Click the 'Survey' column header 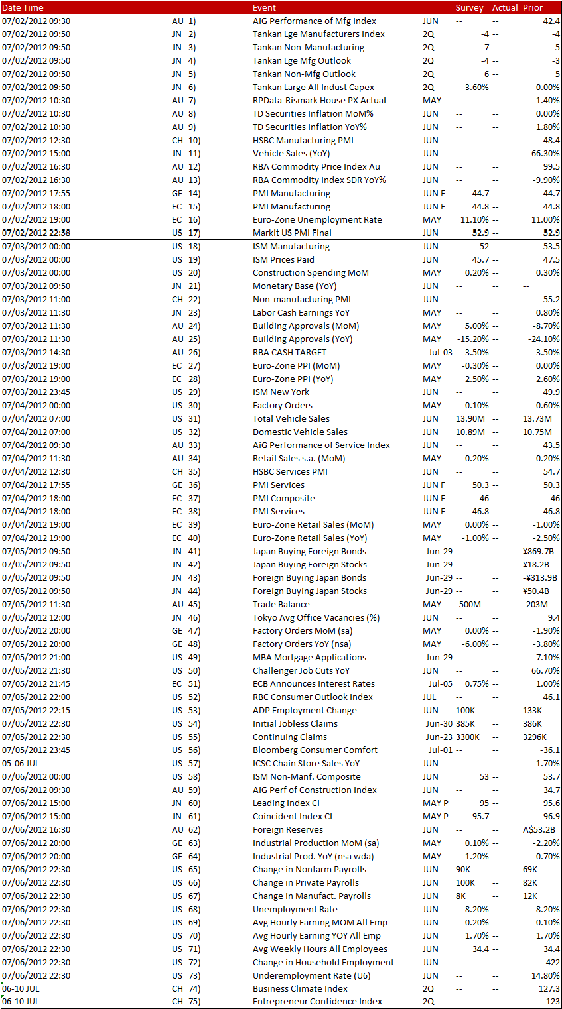coord(469,7)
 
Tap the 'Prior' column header coord(533,7)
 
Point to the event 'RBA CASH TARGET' coord(289,352)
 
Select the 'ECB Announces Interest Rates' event coord(313,683)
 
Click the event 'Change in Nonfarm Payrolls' coord(309,869)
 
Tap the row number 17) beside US coord(194,233)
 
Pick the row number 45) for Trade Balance coord(194,604)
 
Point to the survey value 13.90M coord(470,418)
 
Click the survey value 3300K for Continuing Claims coord(467,737)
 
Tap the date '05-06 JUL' coord(21,763)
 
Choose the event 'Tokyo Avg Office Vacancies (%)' coord(316,617)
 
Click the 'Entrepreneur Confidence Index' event coord(317,1001)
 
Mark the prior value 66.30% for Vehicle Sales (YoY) coord(545,153)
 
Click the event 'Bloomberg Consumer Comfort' coord(315,750)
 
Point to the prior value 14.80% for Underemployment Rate coord(545,975)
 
